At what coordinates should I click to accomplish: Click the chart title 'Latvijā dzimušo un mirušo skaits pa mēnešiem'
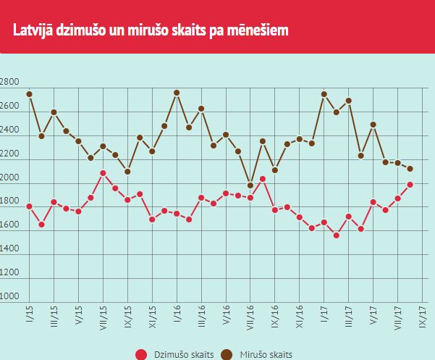[x=151, y=30]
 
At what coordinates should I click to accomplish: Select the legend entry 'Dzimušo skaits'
[x=173, y=354]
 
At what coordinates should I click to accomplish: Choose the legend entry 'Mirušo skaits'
[x=260, y=354]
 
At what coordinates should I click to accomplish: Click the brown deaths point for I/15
[x=29, y=94]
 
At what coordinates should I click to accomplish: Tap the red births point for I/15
[x=29, y=206]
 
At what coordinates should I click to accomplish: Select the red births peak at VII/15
[x=103, y=173]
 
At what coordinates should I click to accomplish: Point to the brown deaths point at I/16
[x=177, y=93]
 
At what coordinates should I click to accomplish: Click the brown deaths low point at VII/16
[x=250, y=185]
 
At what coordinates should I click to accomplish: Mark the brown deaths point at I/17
[x=324, y=94]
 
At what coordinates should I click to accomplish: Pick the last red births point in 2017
[x=410, y=185]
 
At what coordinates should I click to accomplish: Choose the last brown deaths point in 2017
[x=410, y=169]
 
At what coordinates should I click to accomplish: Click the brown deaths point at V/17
[x=373, y=125]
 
